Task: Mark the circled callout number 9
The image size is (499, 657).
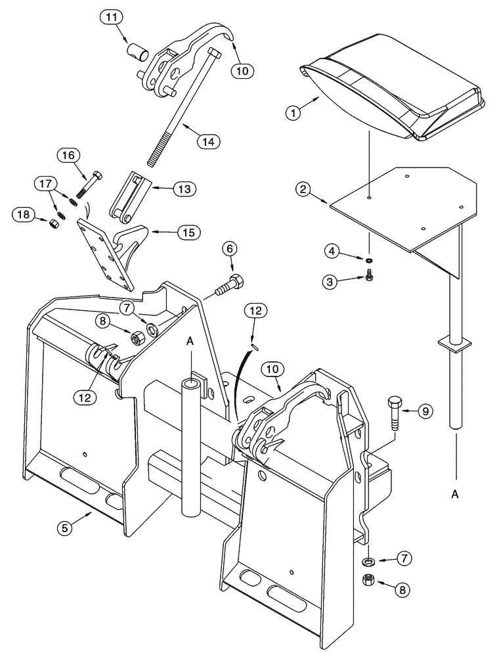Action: pyautogui.click(x=425, y=411)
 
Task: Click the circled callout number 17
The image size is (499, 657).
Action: pyautogui.click(x=46, y=185)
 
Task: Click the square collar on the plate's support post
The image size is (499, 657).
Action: pyautogui.click(x=454, y=344)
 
